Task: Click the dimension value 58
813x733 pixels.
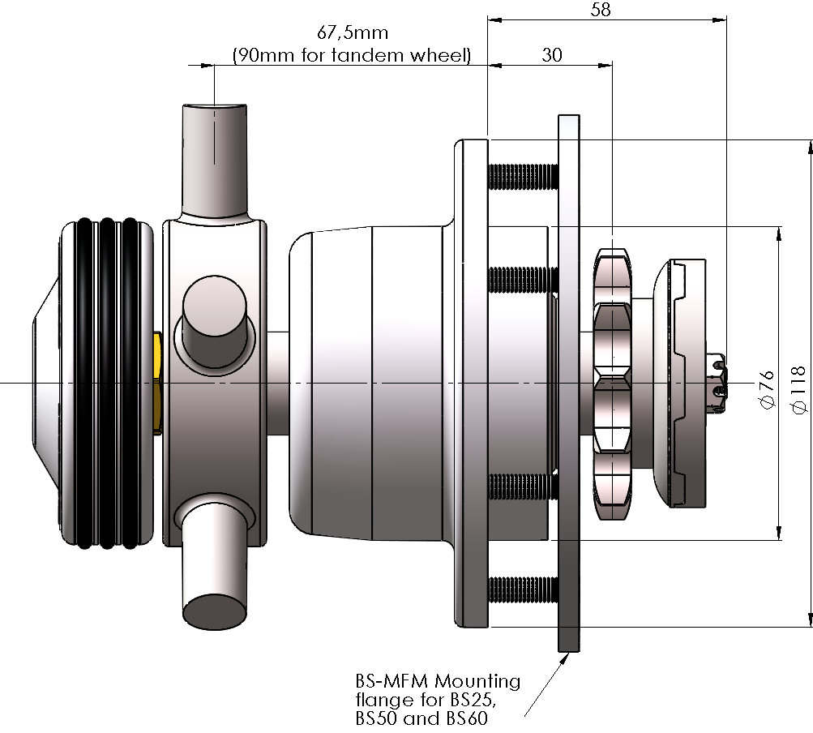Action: point(600,10)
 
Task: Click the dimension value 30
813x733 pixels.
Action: point(552,55)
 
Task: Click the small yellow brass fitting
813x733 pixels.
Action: point(157,381)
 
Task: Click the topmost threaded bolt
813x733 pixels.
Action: point(524,174)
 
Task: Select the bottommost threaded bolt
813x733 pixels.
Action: point(524,589)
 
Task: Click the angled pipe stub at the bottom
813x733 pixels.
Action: point(215,568)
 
